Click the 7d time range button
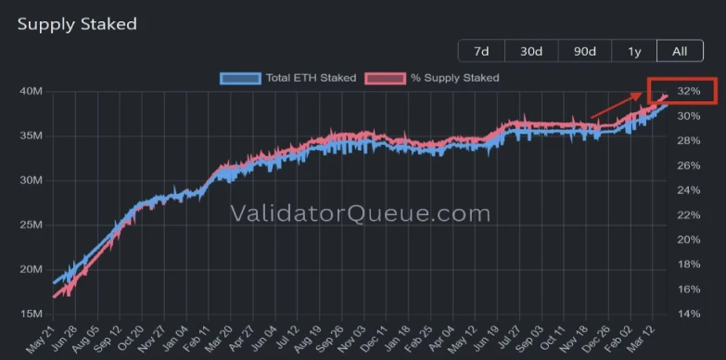[481, 51]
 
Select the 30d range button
[531, 51]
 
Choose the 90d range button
[584, 51]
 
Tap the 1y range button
[635, 51]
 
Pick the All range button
[680, 51]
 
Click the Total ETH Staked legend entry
[287, 78]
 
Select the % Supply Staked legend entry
[432, 78]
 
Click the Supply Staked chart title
[77, 23]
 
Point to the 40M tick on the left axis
[31, 91]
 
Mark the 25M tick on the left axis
[31, 225]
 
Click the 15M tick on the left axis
[31, 315]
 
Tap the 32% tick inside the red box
[688, 92]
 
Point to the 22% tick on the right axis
[688, 215]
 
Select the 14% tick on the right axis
[688, 315]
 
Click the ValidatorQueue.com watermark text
[360, 214]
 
